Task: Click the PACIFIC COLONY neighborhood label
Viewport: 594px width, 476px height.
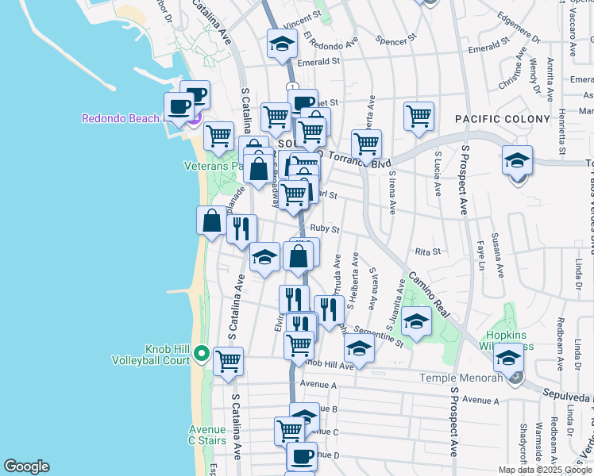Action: pos(502,119)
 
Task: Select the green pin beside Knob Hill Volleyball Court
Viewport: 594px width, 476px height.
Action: pos(202,353)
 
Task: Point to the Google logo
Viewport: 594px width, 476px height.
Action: pos(26,466)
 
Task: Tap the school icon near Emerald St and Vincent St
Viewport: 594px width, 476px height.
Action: pos(280,44)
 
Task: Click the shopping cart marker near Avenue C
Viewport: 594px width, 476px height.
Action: pos(290,431)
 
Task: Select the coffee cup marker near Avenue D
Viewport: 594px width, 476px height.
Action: pos(301,456)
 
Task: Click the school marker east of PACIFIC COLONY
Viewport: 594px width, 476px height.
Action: pos(517,161)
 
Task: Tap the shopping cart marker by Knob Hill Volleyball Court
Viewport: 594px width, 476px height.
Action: pos(228,360)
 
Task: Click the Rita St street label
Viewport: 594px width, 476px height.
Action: pos(427,252)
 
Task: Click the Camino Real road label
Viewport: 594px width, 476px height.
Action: pos(430,294)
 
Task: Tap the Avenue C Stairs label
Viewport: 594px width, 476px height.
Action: pos(207,435)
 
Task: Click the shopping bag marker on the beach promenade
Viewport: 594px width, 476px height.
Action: pos(211,221)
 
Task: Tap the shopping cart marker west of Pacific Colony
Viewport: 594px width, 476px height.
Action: pos(418,117)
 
